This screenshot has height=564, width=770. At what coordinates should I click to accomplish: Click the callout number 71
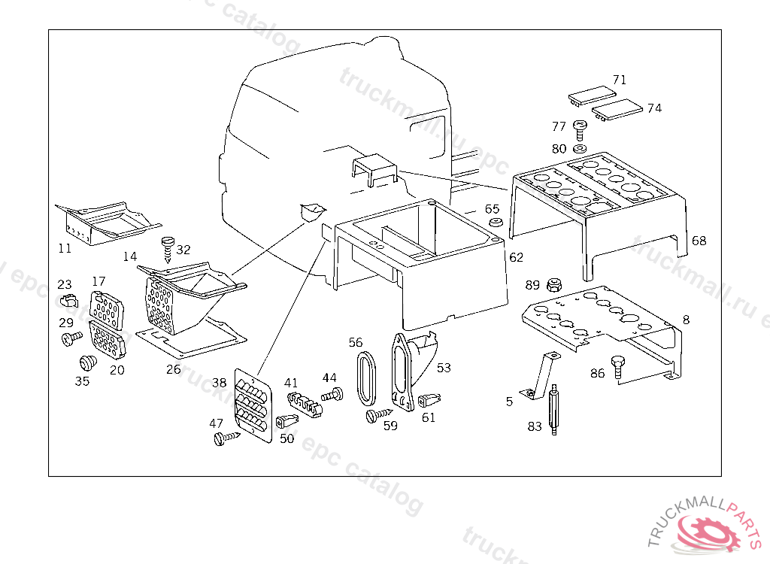pos(619,80)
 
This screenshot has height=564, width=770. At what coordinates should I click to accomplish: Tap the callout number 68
pos(699,241)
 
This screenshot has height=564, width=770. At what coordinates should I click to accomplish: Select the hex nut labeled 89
pos(554,284)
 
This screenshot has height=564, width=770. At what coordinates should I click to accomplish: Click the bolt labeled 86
pos(618,366)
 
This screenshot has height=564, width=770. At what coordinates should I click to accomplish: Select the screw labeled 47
pos(224,438)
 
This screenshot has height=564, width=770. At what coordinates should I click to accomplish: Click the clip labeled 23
pos(68,302)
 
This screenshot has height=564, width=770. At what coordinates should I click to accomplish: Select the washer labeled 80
pos(581,149)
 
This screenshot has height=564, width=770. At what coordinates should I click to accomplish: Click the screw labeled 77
pos(580,130)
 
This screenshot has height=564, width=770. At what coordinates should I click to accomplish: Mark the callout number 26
pos(174,369)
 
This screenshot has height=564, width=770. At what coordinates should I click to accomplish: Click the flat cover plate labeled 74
pos(618,110)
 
